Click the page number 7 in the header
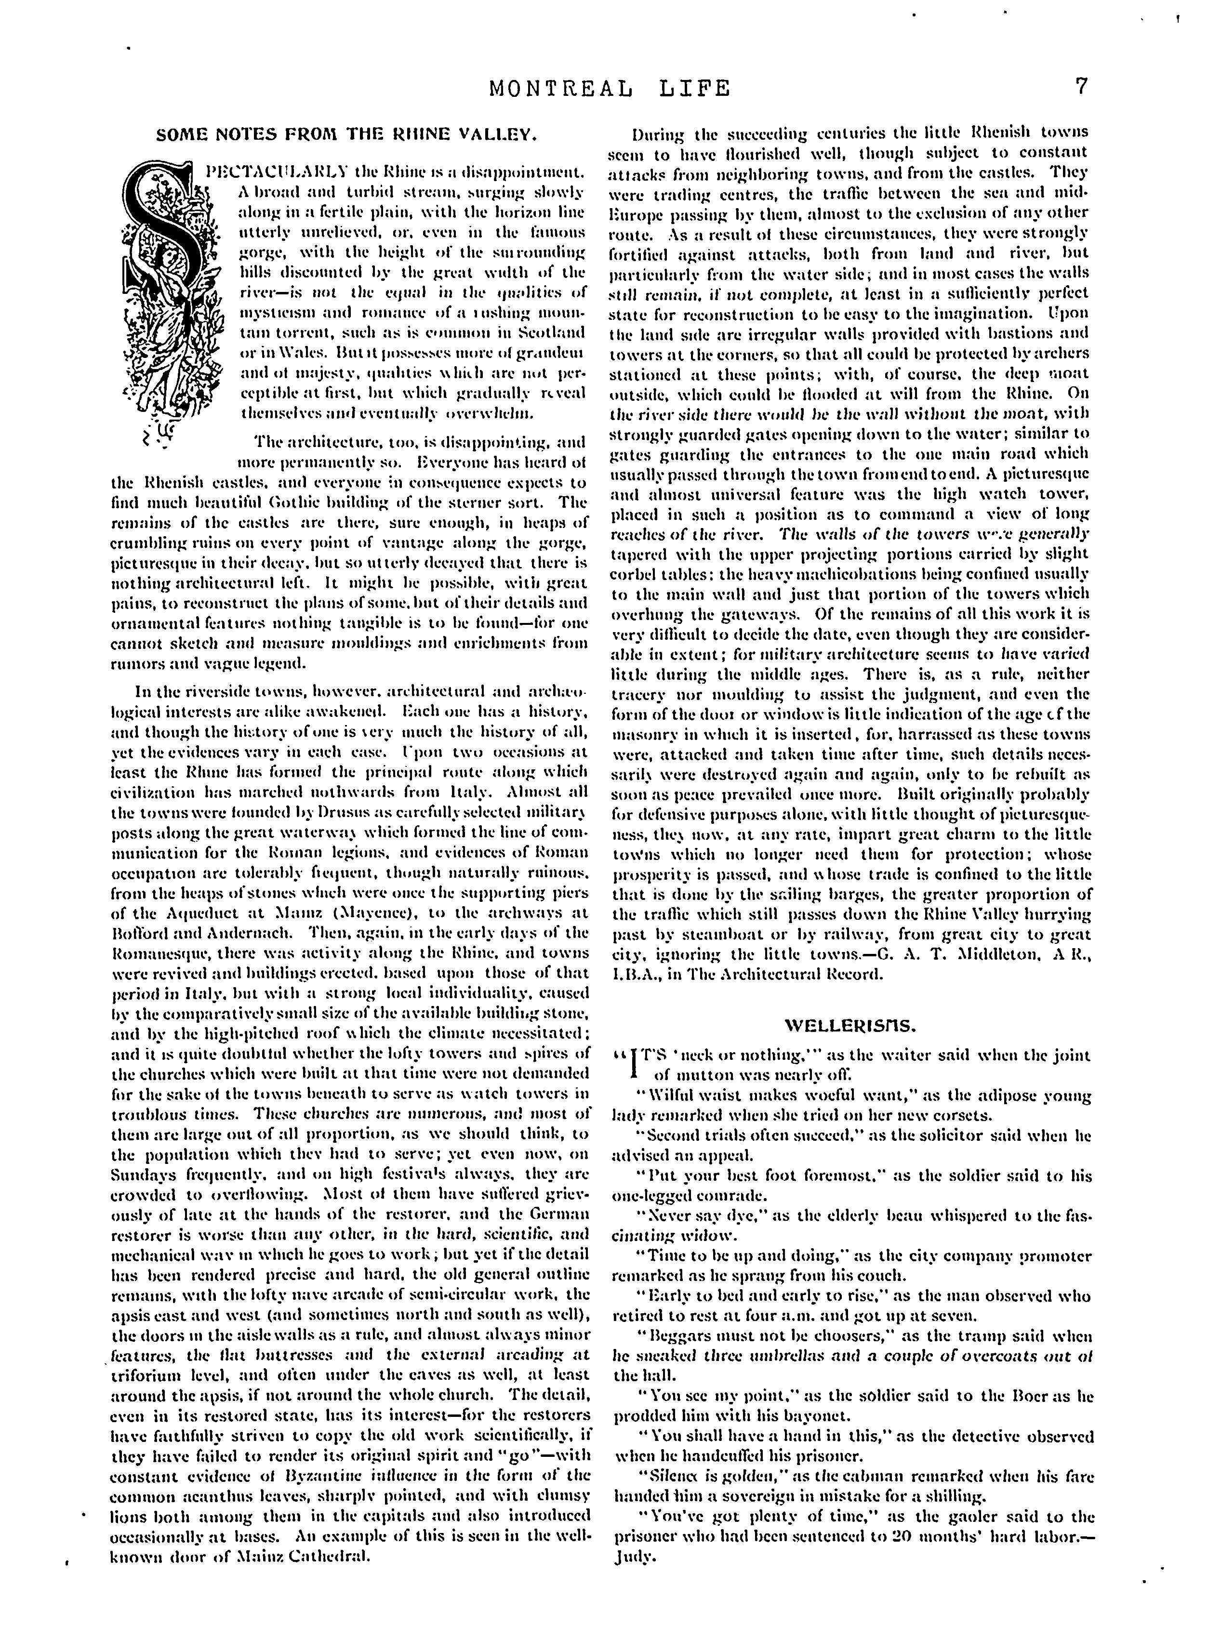pos(1081,87)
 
